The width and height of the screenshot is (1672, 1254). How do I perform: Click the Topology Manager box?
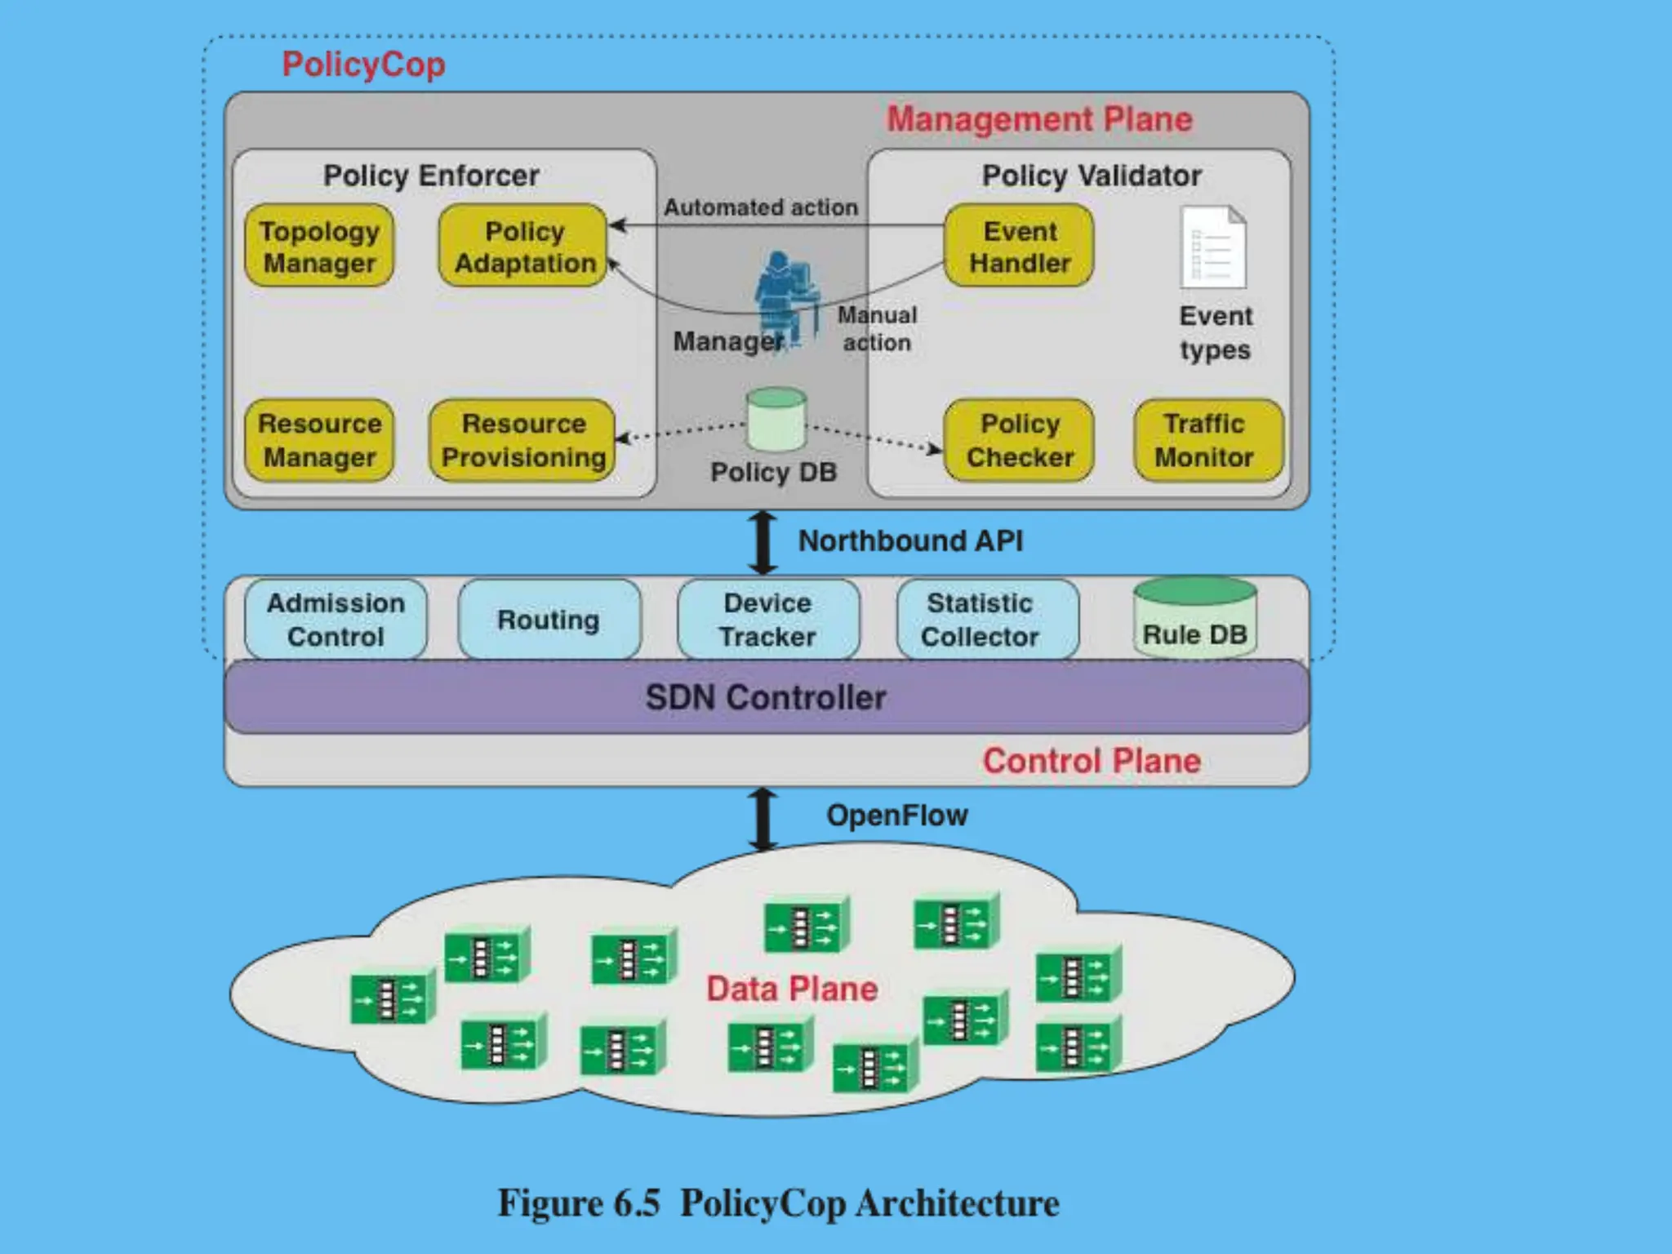click(319, 246)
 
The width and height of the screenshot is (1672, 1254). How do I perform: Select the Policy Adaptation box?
click(523, 246)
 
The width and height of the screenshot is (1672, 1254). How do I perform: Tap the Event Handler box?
click(1019, 246)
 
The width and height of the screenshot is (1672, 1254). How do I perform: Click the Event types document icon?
click(1213, 247)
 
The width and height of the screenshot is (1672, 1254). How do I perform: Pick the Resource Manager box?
click(319, 440)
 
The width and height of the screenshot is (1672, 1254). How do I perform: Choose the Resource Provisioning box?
click(522, 440)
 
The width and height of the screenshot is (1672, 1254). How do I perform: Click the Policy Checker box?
click(1019, 440)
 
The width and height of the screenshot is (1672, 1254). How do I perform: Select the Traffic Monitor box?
click(1208, 440)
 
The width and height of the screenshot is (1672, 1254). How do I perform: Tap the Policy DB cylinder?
click(776, 420)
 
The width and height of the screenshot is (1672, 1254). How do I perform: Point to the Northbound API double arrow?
click(763, 542)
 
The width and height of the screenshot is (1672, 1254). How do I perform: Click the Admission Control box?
click(336, 620)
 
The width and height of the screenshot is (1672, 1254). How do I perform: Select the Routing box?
click(549, 620)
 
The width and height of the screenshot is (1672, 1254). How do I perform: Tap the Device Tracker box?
click(767, 620)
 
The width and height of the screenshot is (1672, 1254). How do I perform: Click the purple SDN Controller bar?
click(766, 697)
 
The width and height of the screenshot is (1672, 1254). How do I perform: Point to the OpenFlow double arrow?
click(763, 819)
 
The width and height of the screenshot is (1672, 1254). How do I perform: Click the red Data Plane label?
click(791, 989)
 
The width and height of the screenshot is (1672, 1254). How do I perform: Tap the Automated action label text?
click(760, 207)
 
